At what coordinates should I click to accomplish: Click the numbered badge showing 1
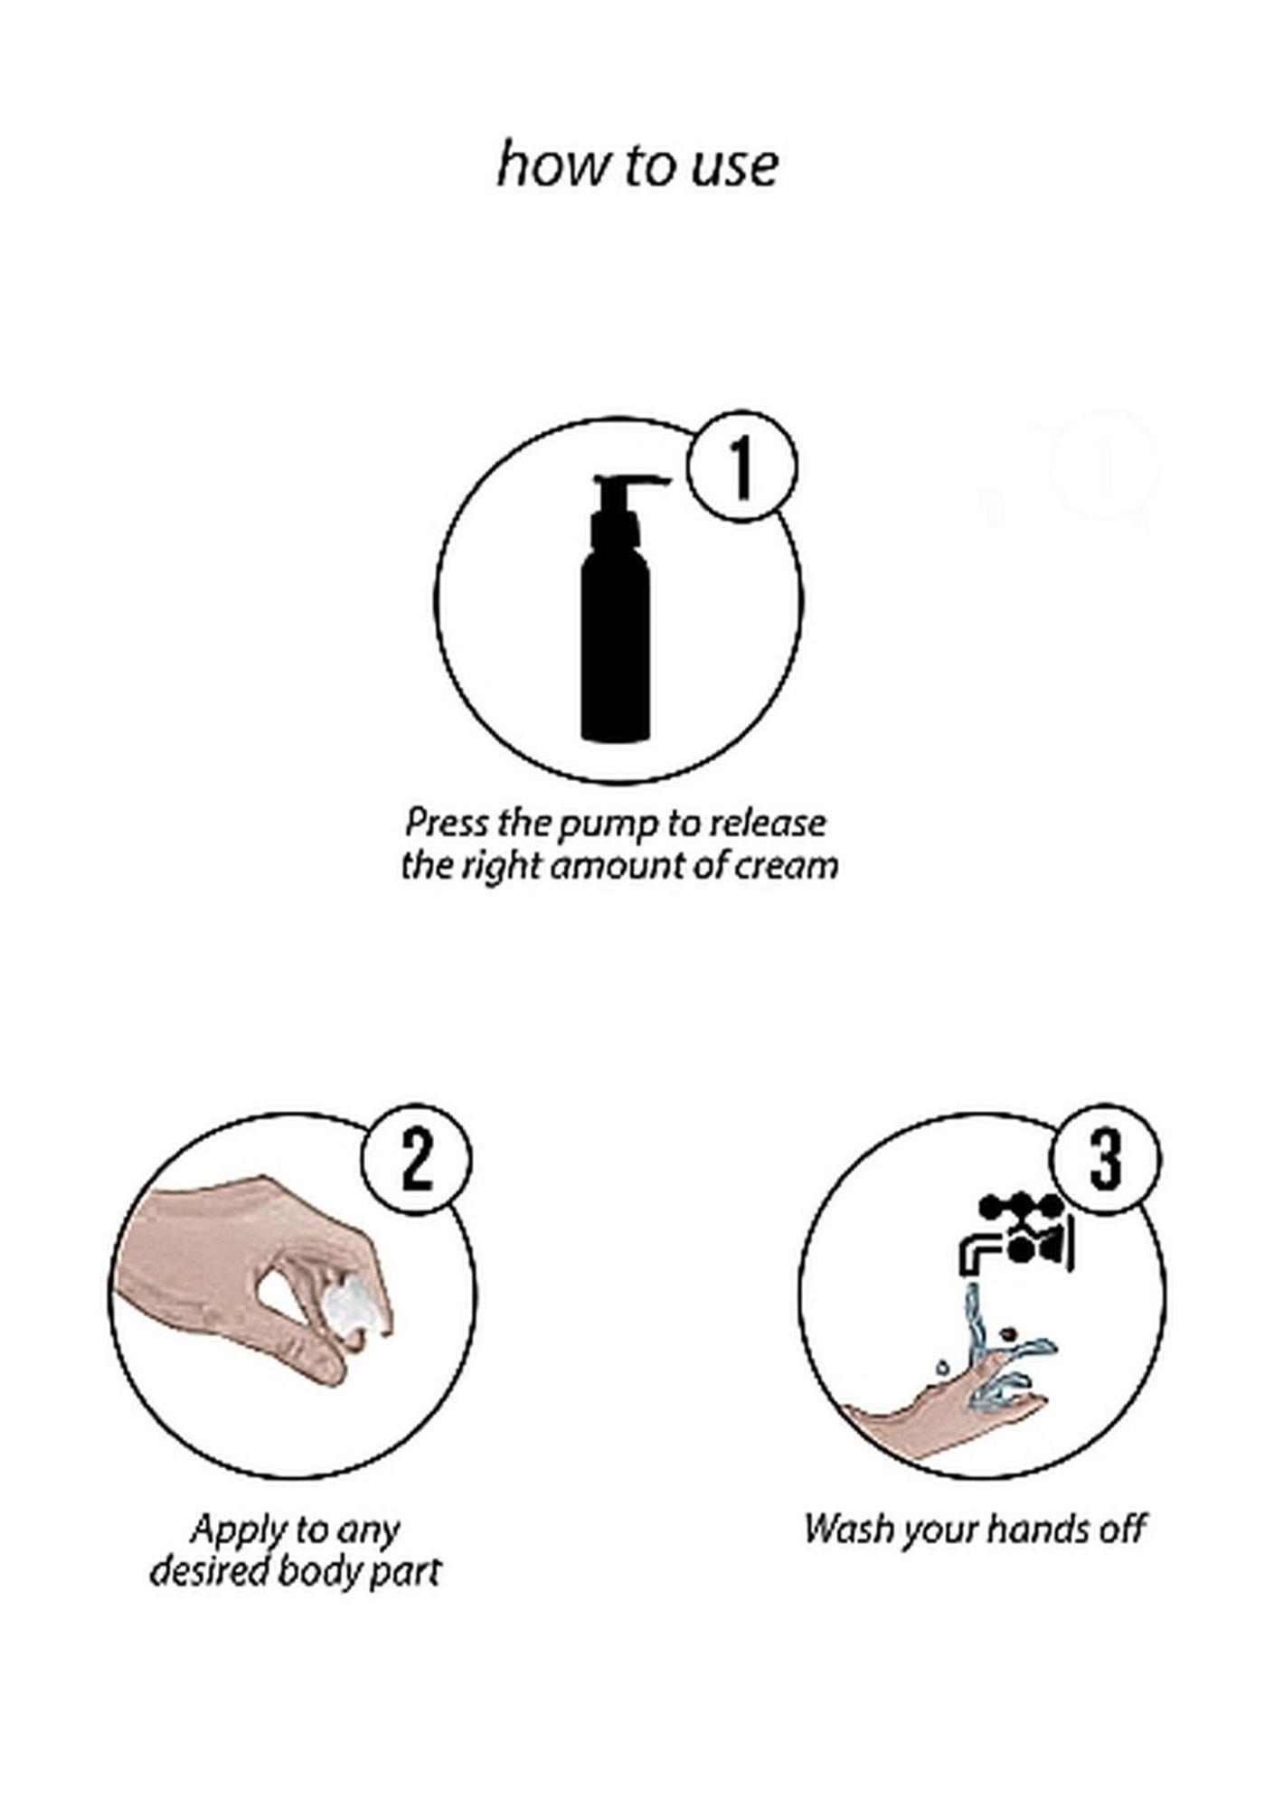click(742, 466)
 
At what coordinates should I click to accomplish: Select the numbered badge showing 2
click(417, 1160)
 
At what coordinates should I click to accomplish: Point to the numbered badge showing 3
click(1105, 1160)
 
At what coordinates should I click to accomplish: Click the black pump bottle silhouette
click(616, 607)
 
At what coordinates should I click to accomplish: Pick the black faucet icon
click(1016, 1236)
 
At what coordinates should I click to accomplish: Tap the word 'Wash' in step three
click(843, 1530)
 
